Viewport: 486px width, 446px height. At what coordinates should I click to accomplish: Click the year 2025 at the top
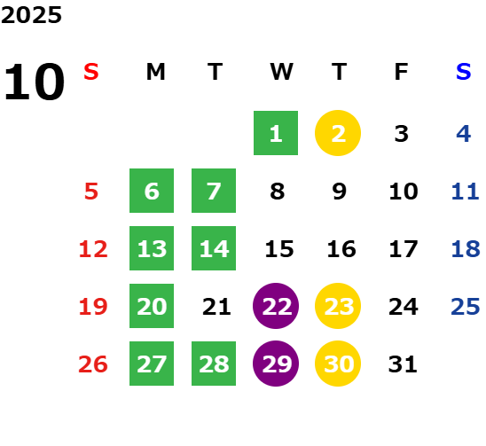click(31, 15)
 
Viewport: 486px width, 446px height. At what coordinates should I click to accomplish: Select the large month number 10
click(34, 82)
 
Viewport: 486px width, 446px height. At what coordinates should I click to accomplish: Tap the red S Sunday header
click(91, 72)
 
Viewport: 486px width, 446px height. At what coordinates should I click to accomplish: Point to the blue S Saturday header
click(464, 72)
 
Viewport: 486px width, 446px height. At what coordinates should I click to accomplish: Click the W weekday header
click(281, 72)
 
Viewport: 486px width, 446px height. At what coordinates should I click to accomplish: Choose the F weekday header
click(402, 72)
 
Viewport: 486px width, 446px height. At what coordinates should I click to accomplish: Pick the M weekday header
click(155, 72)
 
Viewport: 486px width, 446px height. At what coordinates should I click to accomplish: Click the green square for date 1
click(276, 133)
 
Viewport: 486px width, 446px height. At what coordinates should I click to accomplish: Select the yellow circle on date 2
click(338, 133)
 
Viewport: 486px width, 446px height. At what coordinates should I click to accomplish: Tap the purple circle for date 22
click(276, 306)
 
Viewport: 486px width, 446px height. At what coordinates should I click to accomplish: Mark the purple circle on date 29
click(276, 364)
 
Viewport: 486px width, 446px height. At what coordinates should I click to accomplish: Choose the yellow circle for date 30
click(338, 364)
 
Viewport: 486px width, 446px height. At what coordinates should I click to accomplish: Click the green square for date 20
click(152, 306)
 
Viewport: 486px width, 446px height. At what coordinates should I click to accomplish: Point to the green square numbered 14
click(214, 248)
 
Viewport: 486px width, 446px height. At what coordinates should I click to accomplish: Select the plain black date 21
click(216, 307)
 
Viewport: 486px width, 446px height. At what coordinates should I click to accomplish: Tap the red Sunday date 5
click(91, 192)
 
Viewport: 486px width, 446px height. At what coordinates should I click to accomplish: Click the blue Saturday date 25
click(466, 307)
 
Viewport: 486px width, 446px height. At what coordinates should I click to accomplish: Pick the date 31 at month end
click(403, 364)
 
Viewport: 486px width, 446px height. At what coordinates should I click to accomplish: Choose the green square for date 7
click(214, 191)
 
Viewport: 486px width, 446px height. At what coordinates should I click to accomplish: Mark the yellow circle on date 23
click(338, 306)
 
